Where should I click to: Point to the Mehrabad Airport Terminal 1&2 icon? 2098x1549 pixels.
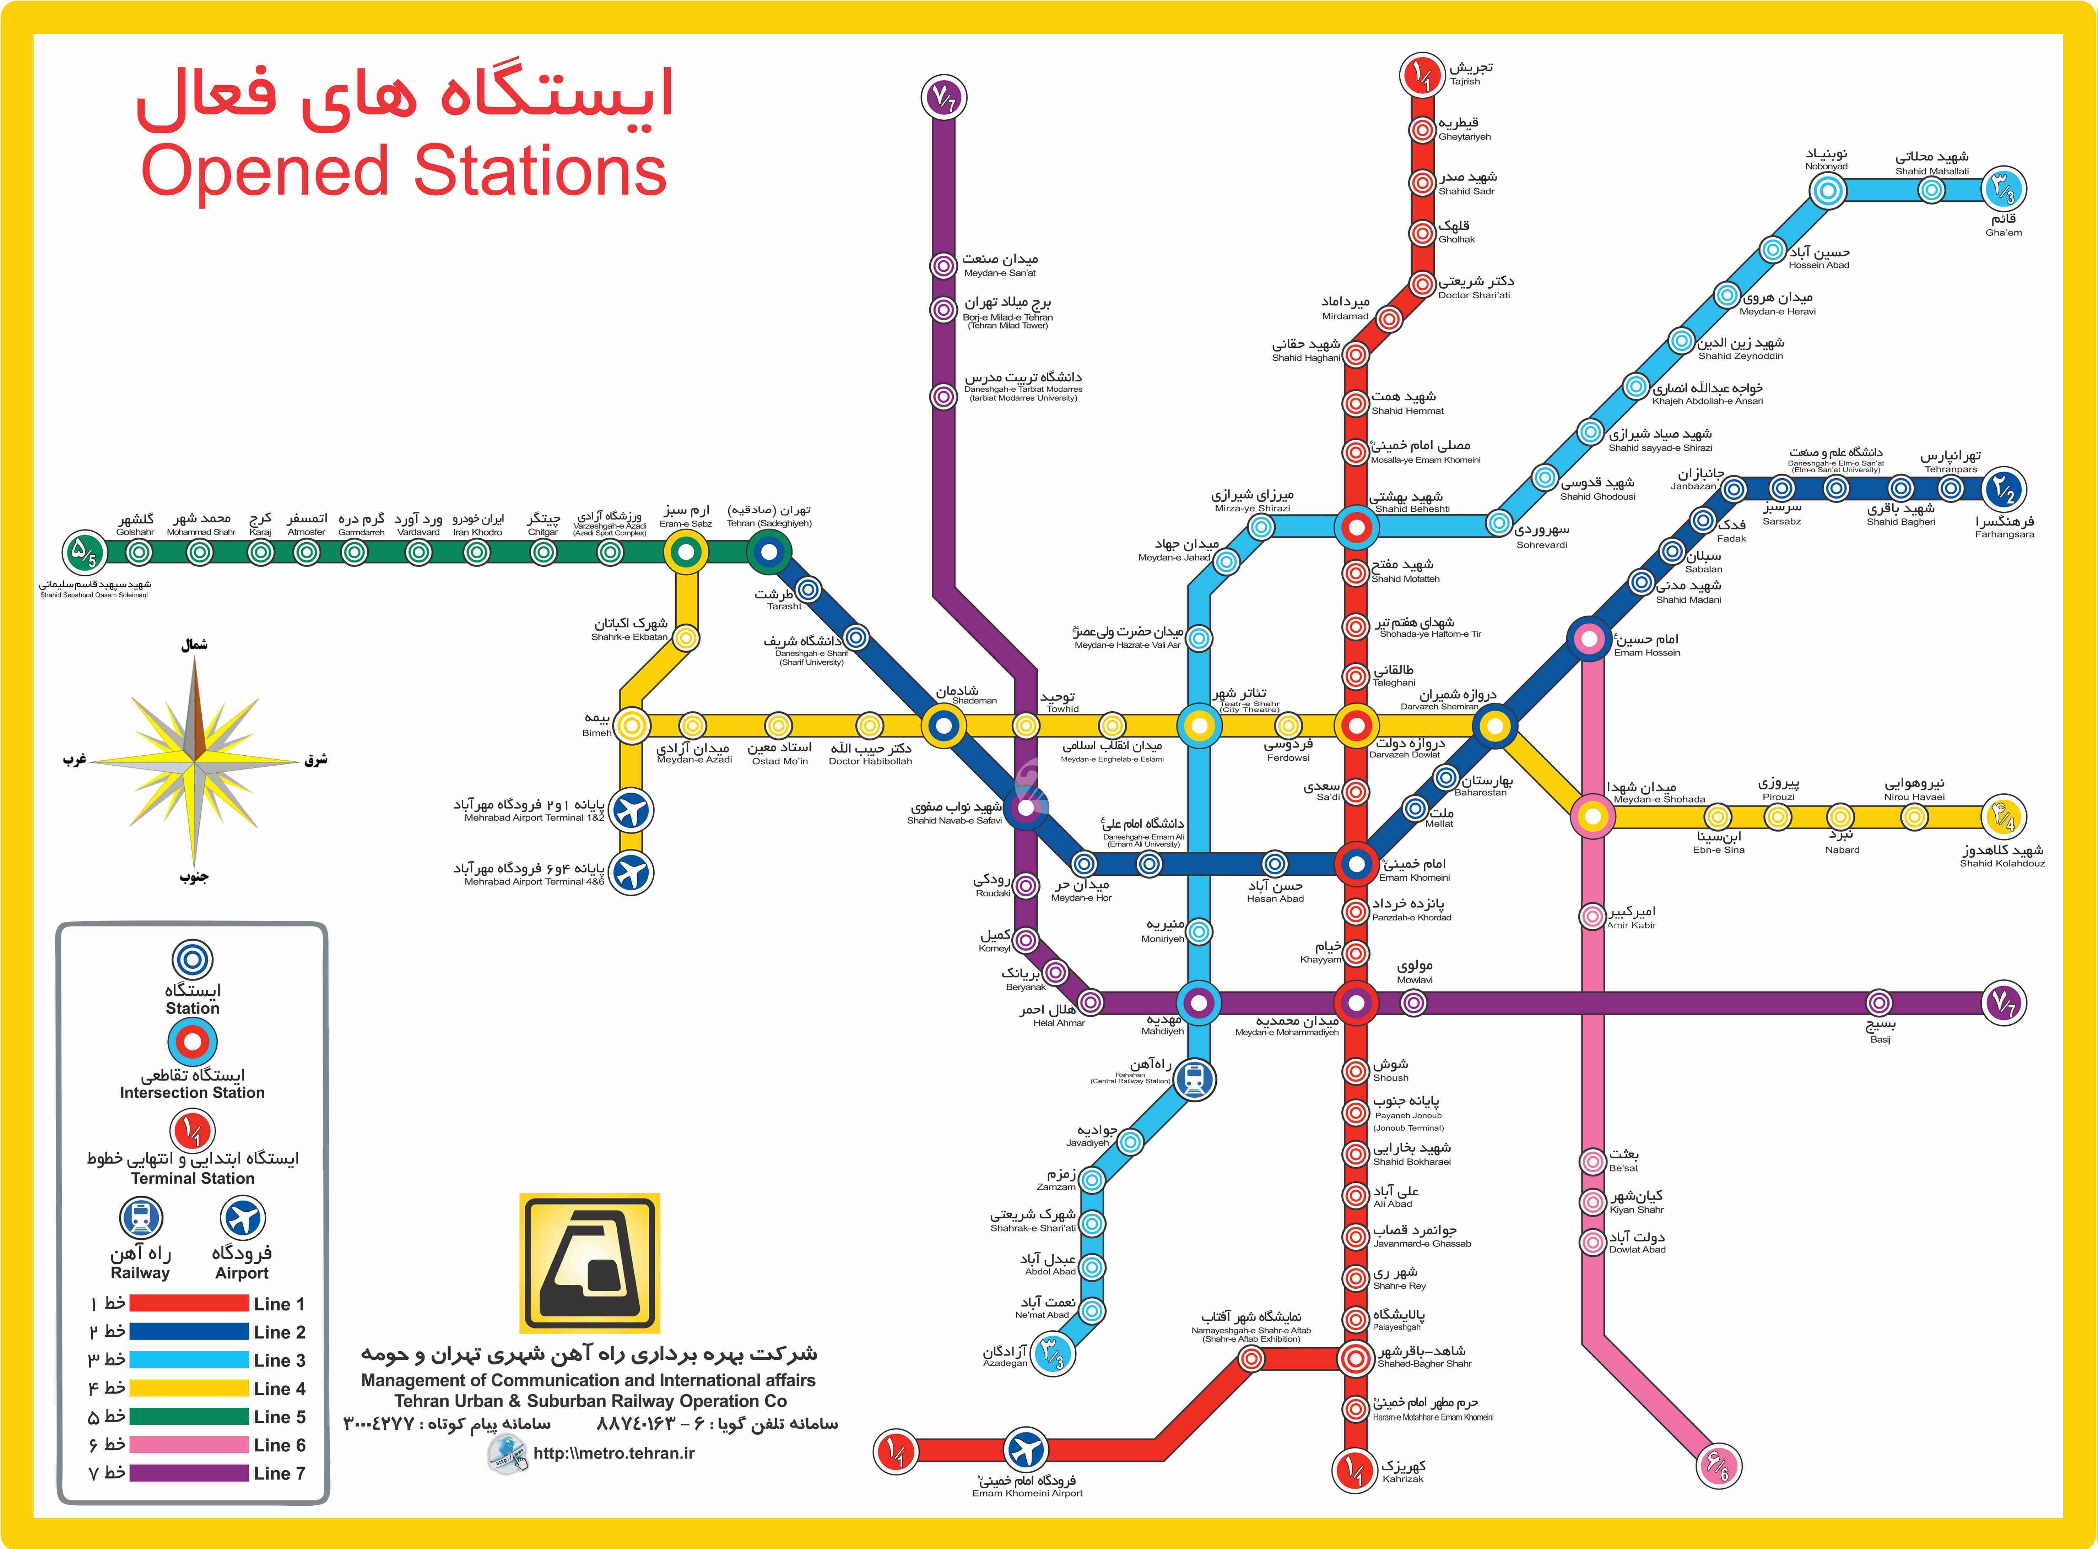pos(631,810)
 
